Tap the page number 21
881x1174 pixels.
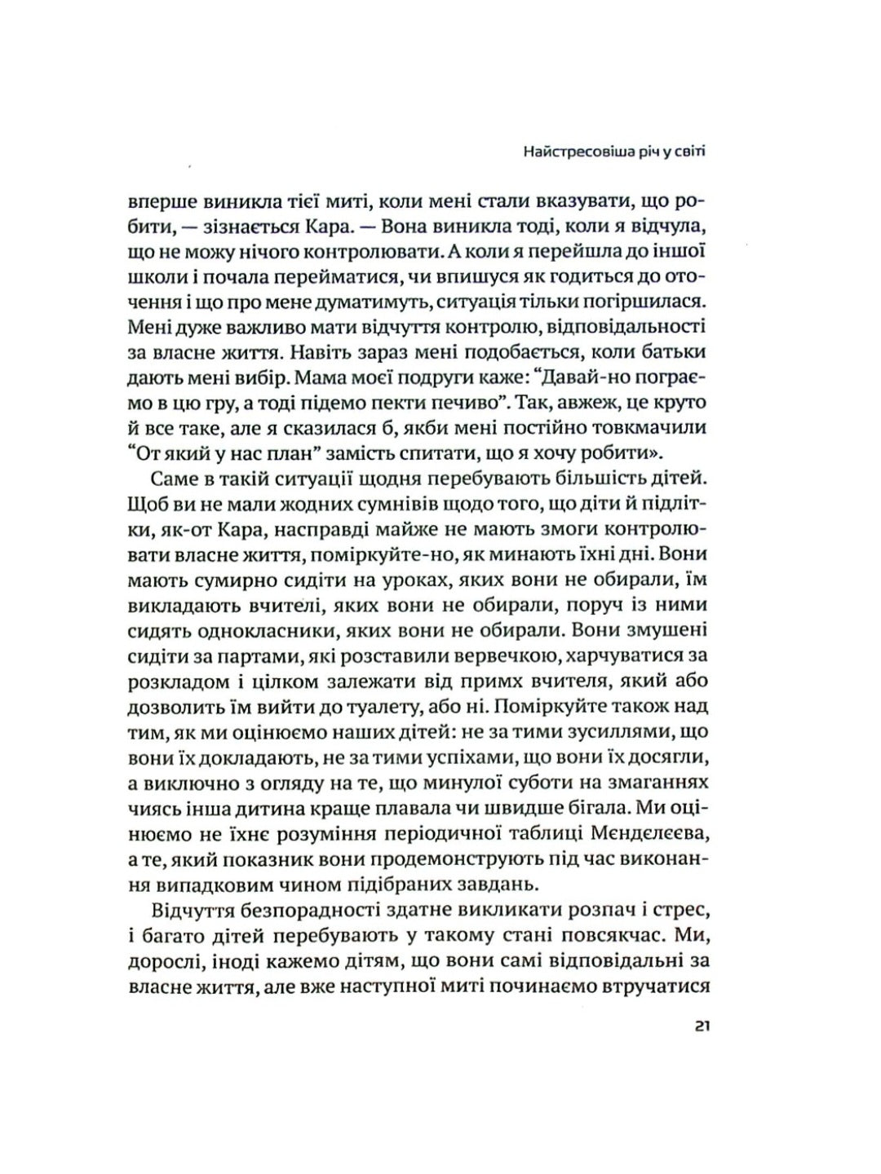(x=703, y=1026)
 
